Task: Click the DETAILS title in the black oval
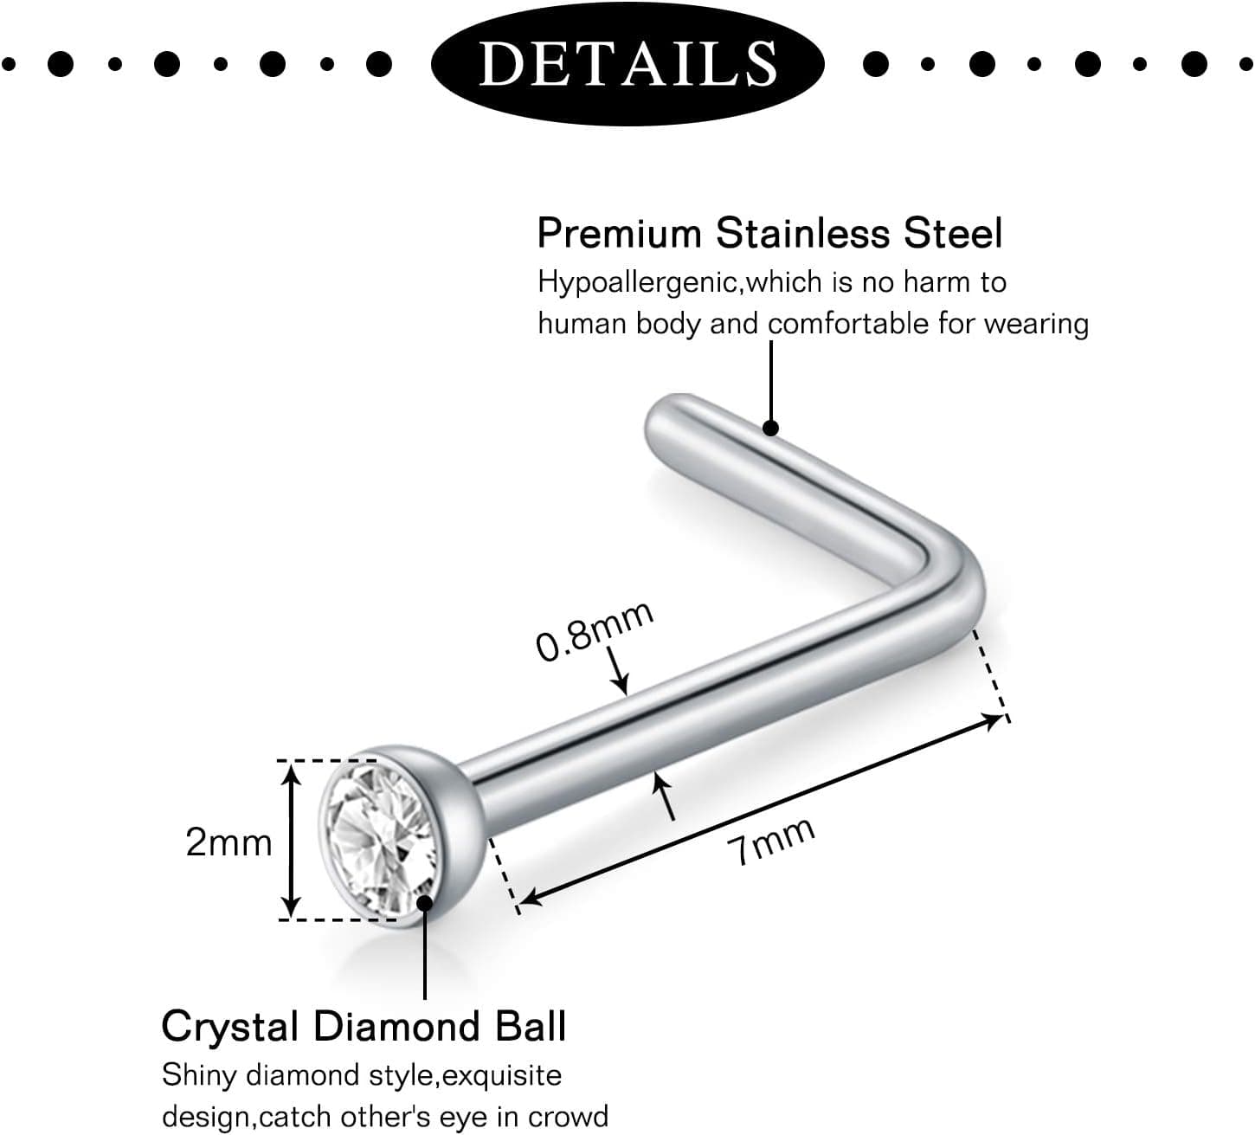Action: click(627, 63)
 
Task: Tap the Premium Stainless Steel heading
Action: click(769, 234)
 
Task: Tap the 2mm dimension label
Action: click(228, 842)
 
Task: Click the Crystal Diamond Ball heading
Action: click(364, 1026)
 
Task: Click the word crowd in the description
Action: click(568, 1117)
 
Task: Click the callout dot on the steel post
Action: click(771, 429)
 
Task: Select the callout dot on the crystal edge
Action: click(425, 903)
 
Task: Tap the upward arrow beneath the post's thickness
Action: click(665, 796)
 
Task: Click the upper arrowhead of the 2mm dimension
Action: click(290, 775)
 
